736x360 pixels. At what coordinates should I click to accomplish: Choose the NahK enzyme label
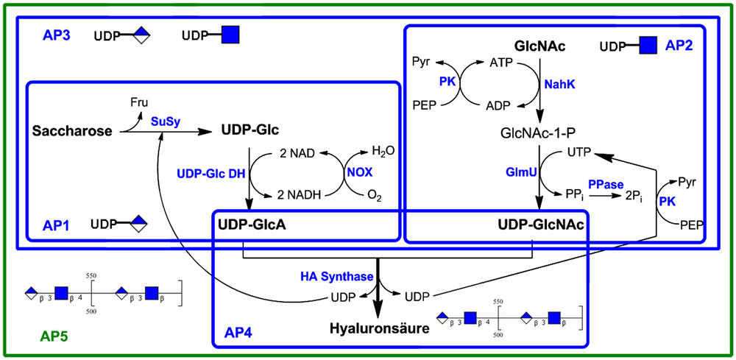point(559,85)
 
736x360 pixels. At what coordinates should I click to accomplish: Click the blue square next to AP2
point(648,46)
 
